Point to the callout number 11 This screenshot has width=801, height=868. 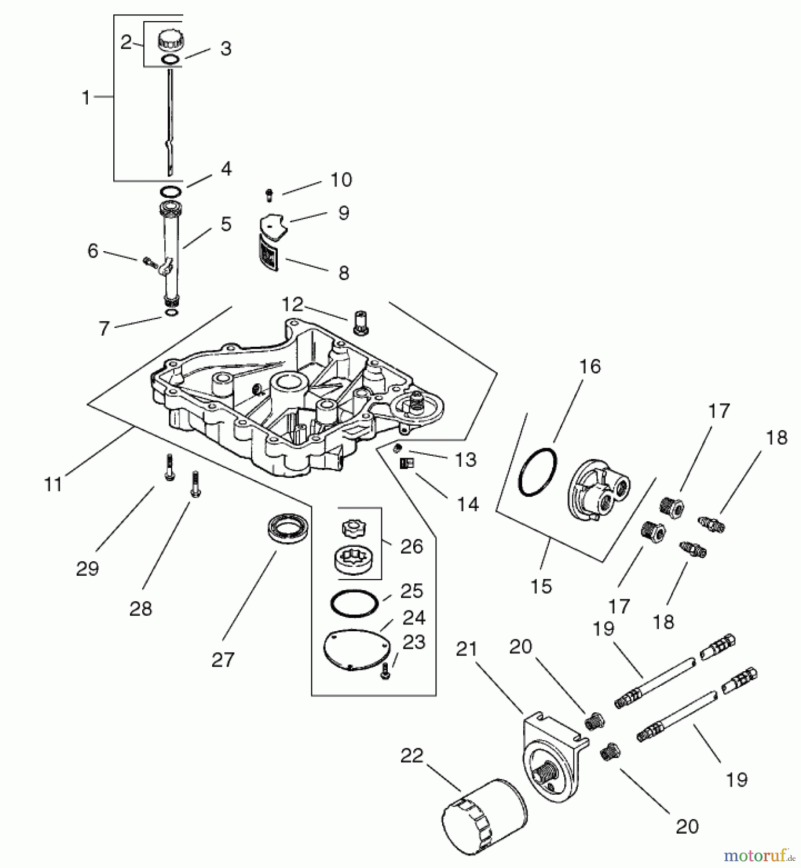pyautogui.click(x=53, y=484)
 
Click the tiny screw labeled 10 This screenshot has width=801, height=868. pyautogui.click(x=269, y=195)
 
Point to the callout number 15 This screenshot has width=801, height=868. pyautogui.click(x=541, y=586)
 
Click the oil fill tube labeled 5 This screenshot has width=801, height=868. pyautogui.click(x=171, y=251)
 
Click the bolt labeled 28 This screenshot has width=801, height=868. pyautogui.click(x=196, y=483)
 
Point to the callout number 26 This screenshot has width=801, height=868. pyautogui.click(x=411, y=546)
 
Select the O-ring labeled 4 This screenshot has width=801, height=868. pyautogui.click(x=170, y=192)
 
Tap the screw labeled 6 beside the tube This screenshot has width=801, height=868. pyautogui.click(x=149, y=262)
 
